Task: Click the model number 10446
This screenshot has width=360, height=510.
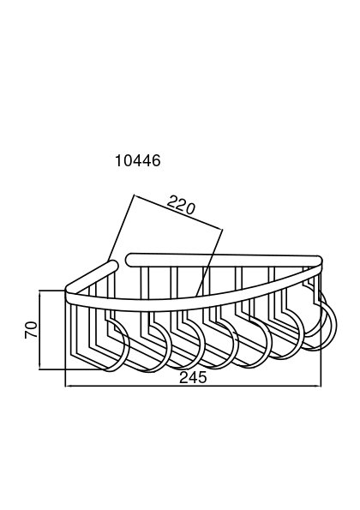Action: pyautogui.click(x=138, y=160)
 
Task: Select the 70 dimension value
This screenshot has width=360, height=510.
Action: pyautogui.click(x=31, y=330)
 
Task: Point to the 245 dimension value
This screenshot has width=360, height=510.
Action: pyautogui.click(x=193, y=378)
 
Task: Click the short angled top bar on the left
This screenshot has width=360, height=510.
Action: pyautogui.click(x=91, y=275)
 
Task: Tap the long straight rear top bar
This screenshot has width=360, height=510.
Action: pyautogui.click(x=224, y=261)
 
